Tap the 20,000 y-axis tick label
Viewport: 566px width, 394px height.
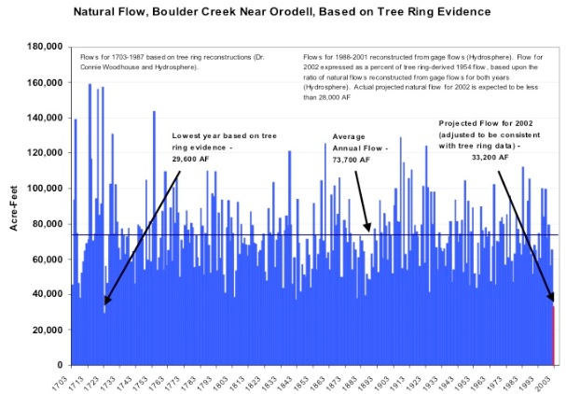(46, 329)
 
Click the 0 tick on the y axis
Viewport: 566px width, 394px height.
(60, 364)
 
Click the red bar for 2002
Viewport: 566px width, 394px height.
(552, 335)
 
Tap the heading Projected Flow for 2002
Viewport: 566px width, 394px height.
(489, 123)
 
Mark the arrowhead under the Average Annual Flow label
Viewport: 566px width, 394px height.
(368, 229)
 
